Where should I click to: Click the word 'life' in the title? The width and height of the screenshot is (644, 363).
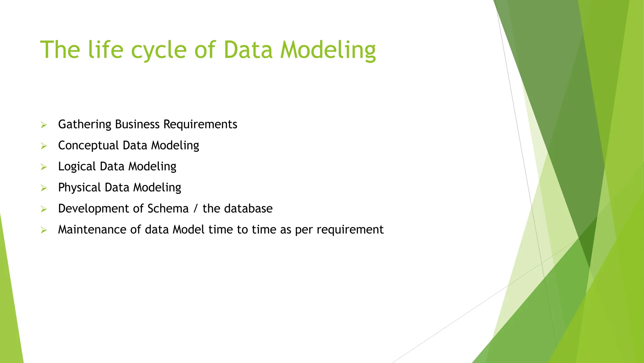pos(106,50)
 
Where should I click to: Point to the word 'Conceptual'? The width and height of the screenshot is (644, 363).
pos(88,146)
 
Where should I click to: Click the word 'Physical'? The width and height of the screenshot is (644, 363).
pos(79,188)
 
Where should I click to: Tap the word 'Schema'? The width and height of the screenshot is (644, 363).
pos(168,209)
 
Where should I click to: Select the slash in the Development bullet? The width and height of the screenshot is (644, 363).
pos(196,209)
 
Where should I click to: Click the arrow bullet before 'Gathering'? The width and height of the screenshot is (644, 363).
pos(44,125)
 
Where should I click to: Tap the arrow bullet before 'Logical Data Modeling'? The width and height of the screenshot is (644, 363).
pos(44,167)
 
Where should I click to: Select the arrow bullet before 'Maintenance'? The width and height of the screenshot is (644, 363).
pos(44,230)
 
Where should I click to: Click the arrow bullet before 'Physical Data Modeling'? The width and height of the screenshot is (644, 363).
pos(44,188)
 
